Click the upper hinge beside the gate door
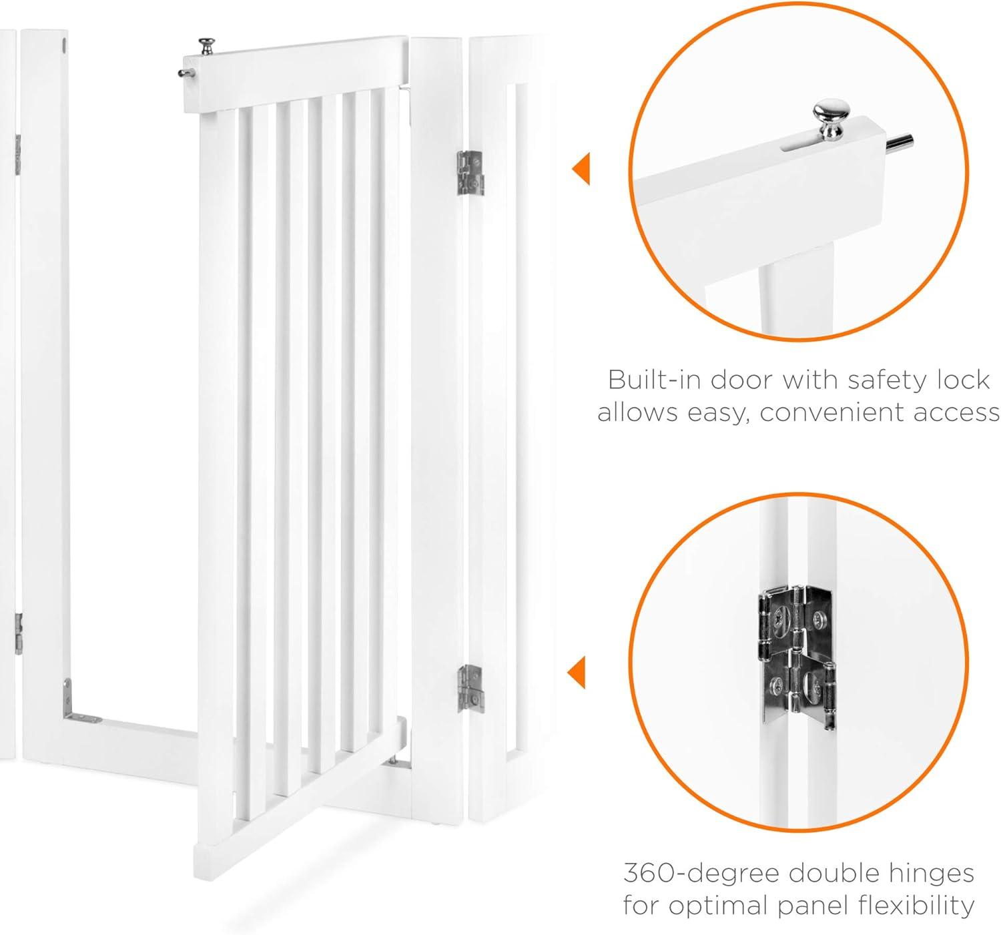coord(470,173)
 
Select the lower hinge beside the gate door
coord(470,689)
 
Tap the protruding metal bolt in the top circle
coord(899,143)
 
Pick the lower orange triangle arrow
coord(577,673)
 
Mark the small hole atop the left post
coord(64,46)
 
